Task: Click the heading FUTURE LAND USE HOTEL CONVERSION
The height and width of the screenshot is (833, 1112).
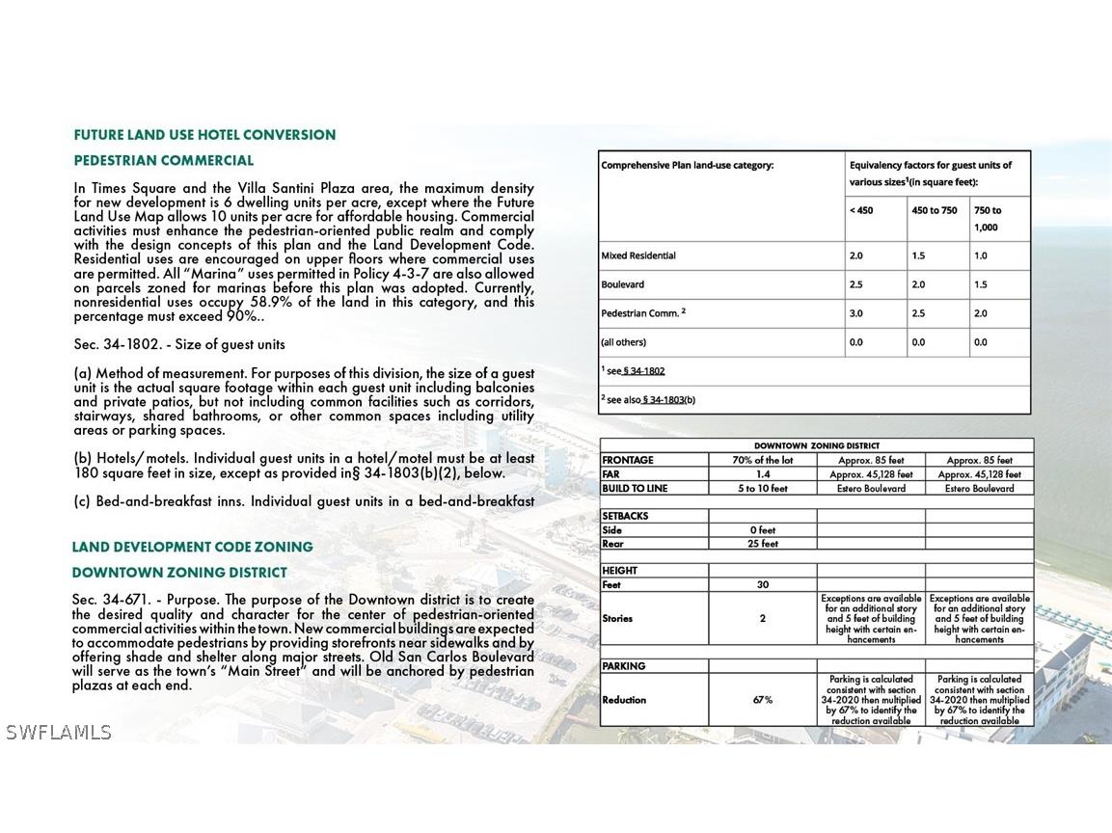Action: point(204,135)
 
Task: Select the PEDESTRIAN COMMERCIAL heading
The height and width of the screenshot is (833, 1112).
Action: point(164,161)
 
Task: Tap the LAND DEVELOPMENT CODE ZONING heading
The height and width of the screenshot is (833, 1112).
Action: point(192,548)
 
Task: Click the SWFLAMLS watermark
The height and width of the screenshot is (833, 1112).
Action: point(58,733)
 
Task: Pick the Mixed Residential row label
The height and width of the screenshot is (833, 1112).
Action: point(638,255)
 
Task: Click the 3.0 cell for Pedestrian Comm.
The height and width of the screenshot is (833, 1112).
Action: point(857,313)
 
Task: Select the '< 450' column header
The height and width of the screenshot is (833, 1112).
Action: point(861,210)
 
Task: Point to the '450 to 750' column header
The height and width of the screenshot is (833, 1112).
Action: point(935,210)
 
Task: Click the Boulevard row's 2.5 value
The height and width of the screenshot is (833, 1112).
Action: point(857,284)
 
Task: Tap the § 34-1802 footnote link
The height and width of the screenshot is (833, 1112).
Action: point(643,371)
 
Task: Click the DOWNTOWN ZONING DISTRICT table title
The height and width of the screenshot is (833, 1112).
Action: point(816,446)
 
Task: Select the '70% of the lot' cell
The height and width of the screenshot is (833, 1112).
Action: point(762,461)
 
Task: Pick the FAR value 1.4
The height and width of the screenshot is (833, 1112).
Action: point(762,474)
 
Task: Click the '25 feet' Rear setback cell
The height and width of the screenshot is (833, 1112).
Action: point(762,544)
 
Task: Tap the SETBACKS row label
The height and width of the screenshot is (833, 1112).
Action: point(625,516)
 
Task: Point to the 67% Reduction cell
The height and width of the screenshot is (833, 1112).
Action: point(762,700)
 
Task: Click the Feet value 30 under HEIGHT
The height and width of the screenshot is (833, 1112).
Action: point(762,585)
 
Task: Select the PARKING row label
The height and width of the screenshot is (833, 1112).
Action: point(624,666)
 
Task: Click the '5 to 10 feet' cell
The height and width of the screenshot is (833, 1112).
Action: point(762,489)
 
